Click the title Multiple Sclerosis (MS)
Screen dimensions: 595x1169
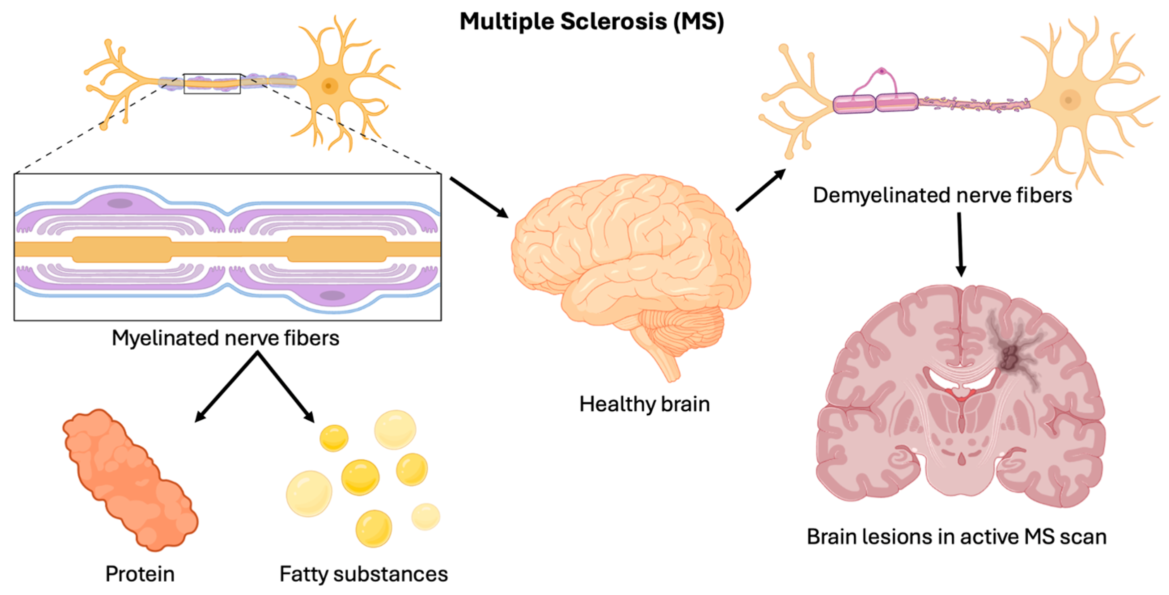click(591, 21)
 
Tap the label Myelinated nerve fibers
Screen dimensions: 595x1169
click(225, 338)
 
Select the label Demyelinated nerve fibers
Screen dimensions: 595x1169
click(942, 195)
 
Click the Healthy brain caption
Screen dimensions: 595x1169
click(645, 404)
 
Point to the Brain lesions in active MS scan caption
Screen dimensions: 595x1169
click(957, 537)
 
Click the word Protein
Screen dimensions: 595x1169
click(140, 574)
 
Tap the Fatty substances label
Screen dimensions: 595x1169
click(363, 574)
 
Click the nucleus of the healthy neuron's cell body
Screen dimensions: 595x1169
click(329, 85)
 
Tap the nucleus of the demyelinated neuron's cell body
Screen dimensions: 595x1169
click(1069, 100)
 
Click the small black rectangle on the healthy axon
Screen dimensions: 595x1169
click(212, 83)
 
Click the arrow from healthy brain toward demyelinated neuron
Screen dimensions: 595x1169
click(761, 190)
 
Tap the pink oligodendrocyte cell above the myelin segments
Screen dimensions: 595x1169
click(882, 71)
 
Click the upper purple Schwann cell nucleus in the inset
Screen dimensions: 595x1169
click(120, 203)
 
